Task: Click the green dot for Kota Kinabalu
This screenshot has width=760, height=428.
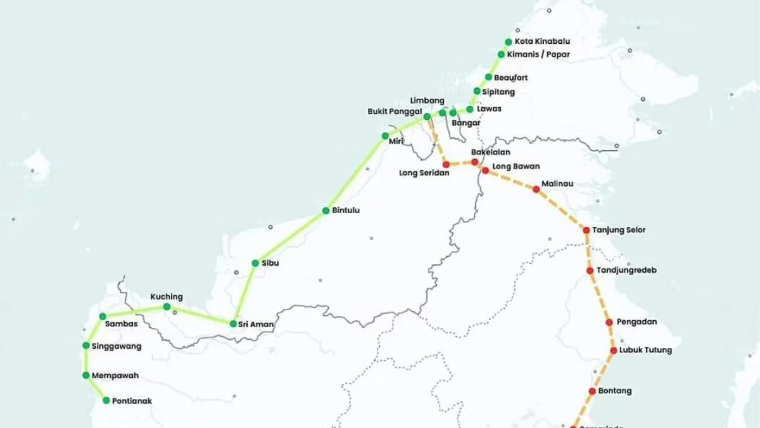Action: coord(508,42)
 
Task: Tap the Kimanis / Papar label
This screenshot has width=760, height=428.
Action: coord(543,55)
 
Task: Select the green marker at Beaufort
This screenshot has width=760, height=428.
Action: coord(488,77)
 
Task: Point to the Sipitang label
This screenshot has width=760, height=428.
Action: coord(498,92)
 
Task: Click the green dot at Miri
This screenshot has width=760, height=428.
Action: coord(384,136)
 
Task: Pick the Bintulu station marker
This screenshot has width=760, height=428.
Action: coord(326,211)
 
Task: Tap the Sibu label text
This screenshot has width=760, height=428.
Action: coord(270,263)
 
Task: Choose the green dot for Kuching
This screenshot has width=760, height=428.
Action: coord(167,307)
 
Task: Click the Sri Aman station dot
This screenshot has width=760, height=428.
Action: coord(233,324)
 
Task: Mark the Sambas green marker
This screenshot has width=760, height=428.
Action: coord(103,316)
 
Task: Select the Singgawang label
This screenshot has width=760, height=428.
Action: coord(117,346)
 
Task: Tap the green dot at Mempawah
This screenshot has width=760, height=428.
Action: coord(85,375)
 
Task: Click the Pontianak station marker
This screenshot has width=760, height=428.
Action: coord(106,400)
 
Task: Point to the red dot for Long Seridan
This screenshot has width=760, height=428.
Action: coord(446,164)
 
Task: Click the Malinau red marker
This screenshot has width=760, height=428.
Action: coord(536,189)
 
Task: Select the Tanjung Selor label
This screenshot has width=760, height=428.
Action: coord(619,230)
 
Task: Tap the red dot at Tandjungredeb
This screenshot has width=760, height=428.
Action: coord(590,271)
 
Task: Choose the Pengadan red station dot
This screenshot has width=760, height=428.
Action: coord(609,322)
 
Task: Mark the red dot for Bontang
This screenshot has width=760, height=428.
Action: coord(592,391)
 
